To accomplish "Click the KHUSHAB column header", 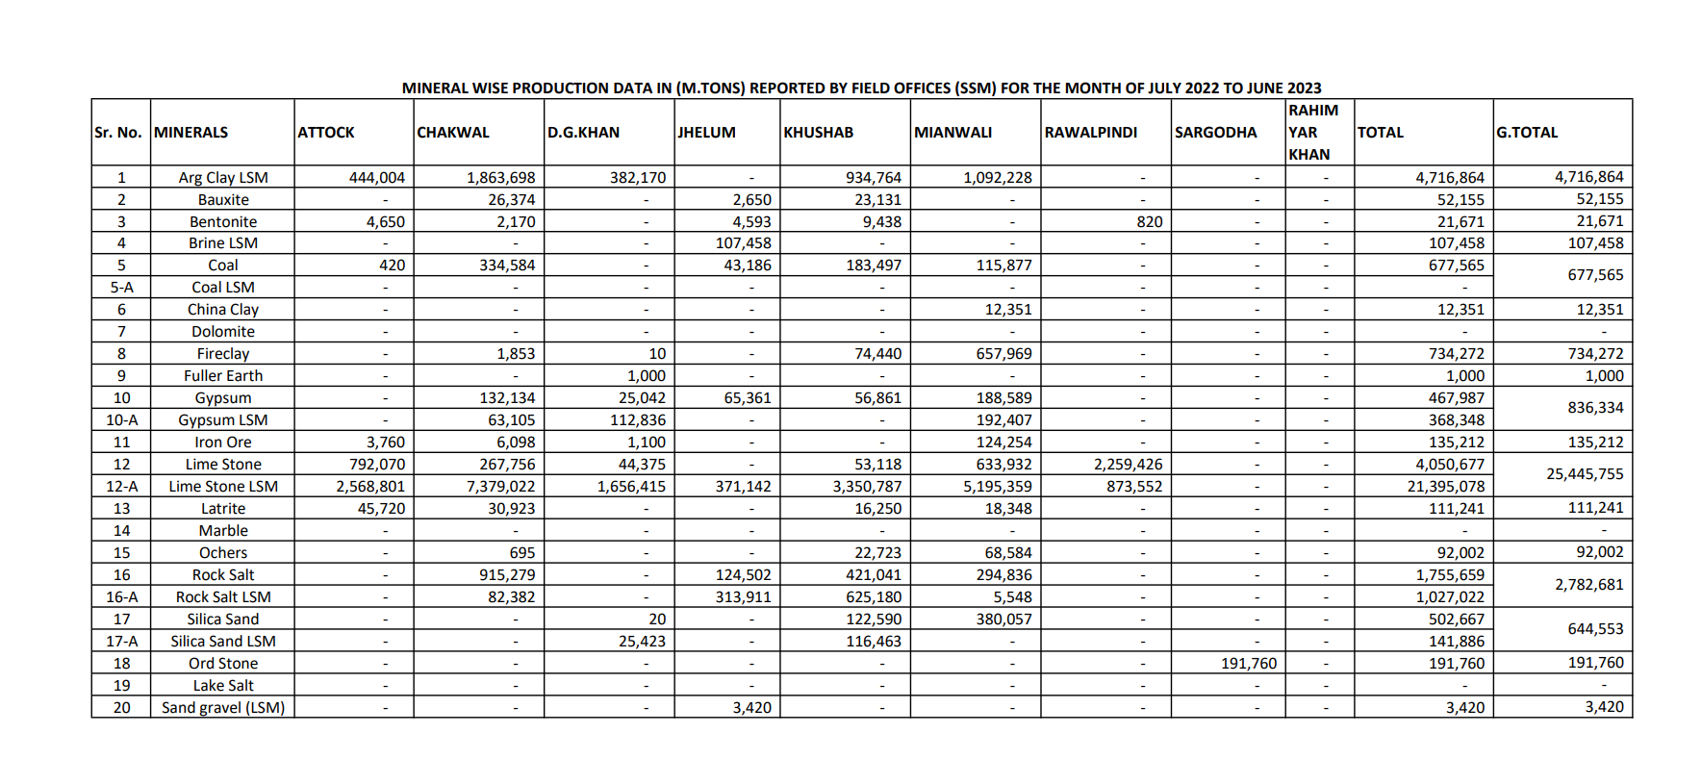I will click(818, 133).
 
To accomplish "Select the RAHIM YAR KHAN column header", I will click(1313, 133).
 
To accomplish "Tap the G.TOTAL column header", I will click(1526, 133).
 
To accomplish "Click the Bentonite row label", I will click(223, 222).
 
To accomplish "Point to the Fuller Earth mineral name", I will click(223, 376).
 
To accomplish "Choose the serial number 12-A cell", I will click(121, 487).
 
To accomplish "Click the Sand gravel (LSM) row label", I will click(223, 708).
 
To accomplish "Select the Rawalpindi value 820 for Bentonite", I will click(1149, 222).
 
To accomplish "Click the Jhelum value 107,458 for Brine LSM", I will click(743, 243).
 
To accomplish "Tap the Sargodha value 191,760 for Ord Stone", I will click(1249, 664).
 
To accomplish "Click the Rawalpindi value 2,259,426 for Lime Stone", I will click(1128, 465).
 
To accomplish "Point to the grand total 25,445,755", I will click(1585, 474).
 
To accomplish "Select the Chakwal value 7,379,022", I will click(500, 487).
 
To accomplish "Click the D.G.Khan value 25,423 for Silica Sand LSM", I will click(642, 642).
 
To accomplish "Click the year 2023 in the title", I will click(1304, 89).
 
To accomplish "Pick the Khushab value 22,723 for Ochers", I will click(877, 553).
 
